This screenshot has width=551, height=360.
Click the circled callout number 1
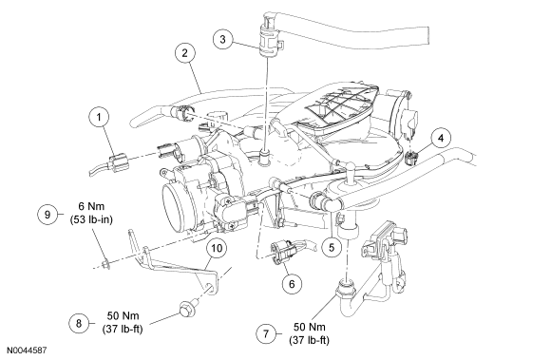[99, 117]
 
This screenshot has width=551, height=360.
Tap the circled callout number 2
[185, 53]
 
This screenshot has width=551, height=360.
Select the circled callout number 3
[223, 39]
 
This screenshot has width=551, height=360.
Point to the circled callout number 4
[441, 138]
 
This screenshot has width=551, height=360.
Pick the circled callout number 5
[332, 247]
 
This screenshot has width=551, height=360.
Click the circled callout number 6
[292, 283]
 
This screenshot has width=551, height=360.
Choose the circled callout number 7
[266, 333]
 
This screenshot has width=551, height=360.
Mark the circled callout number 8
[79, 323]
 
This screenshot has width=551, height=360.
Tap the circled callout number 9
[47, 215]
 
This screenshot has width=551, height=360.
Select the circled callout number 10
[217, 248]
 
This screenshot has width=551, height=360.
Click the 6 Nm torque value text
[91, 206]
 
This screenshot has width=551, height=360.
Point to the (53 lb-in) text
[91, 219]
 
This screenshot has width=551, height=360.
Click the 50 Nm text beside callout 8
[123, 315]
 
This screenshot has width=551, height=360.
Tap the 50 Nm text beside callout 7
[310, 327]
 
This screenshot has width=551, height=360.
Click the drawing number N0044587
[27, 351]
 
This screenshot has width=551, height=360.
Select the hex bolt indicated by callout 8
[185, 309]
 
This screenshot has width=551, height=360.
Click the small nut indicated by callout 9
[105, 264]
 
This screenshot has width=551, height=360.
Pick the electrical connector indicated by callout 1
[116, 163]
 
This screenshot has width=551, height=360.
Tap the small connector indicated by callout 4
[411, 158]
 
